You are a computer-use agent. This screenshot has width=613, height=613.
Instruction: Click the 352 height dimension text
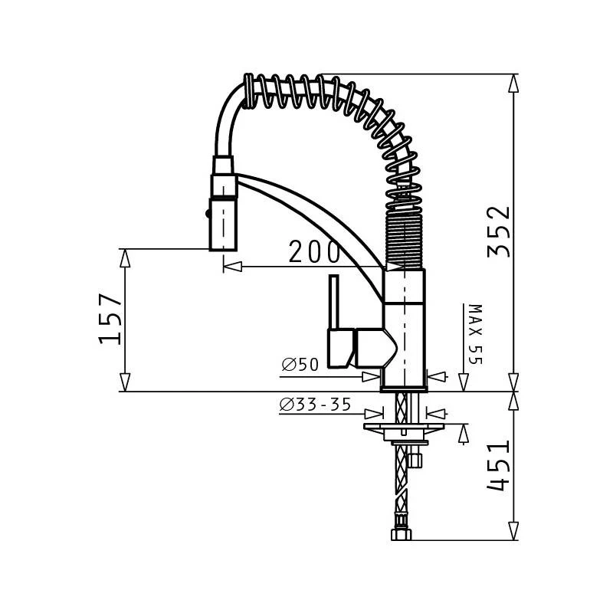pos(499,233)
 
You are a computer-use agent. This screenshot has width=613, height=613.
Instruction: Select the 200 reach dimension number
pos(314,251)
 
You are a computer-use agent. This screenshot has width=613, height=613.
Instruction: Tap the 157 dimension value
pos(112,320)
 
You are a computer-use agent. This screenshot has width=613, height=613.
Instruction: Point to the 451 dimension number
pos(499,466)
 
